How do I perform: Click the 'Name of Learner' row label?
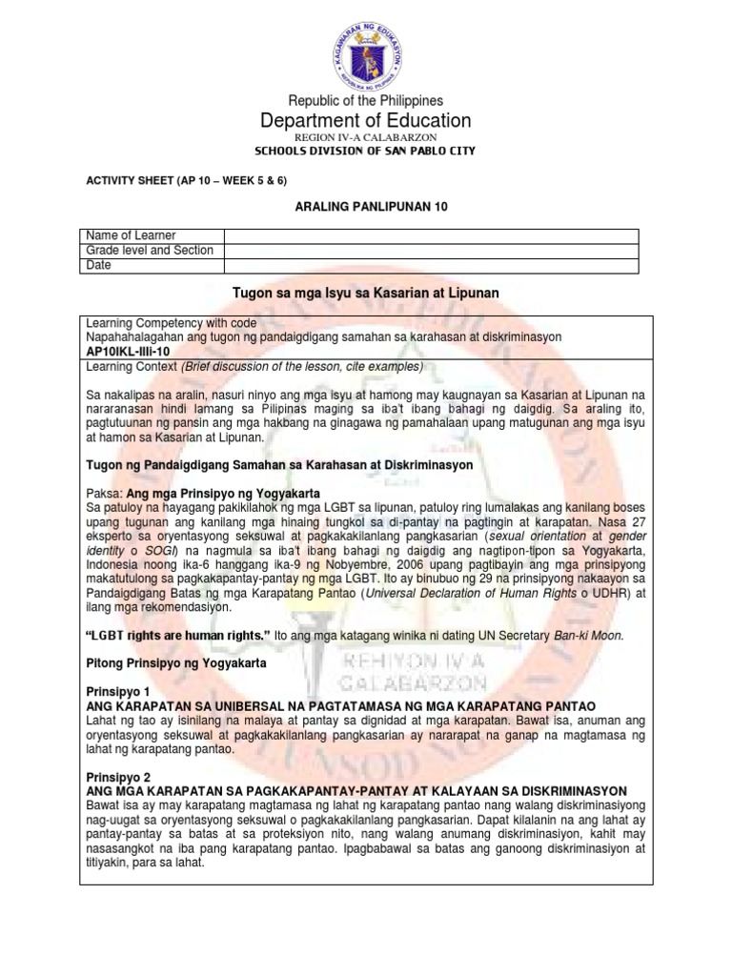point(131,235)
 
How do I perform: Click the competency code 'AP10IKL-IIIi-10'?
point(129,351)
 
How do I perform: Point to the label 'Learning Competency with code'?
point(171,323)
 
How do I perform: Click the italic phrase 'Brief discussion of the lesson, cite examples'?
point(291,366)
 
